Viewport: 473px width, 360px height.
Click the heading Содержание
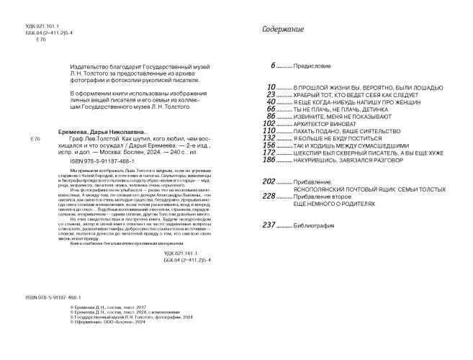pos(283,30)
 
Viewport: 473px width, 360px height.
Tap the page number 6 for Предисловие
pos(273,66)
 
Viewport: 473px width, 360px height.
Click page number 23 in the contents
pos(271,94)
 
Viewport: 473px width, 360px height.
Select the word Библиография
pos(313,225)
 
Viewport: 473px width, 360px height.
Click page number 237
pos(269,225)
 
